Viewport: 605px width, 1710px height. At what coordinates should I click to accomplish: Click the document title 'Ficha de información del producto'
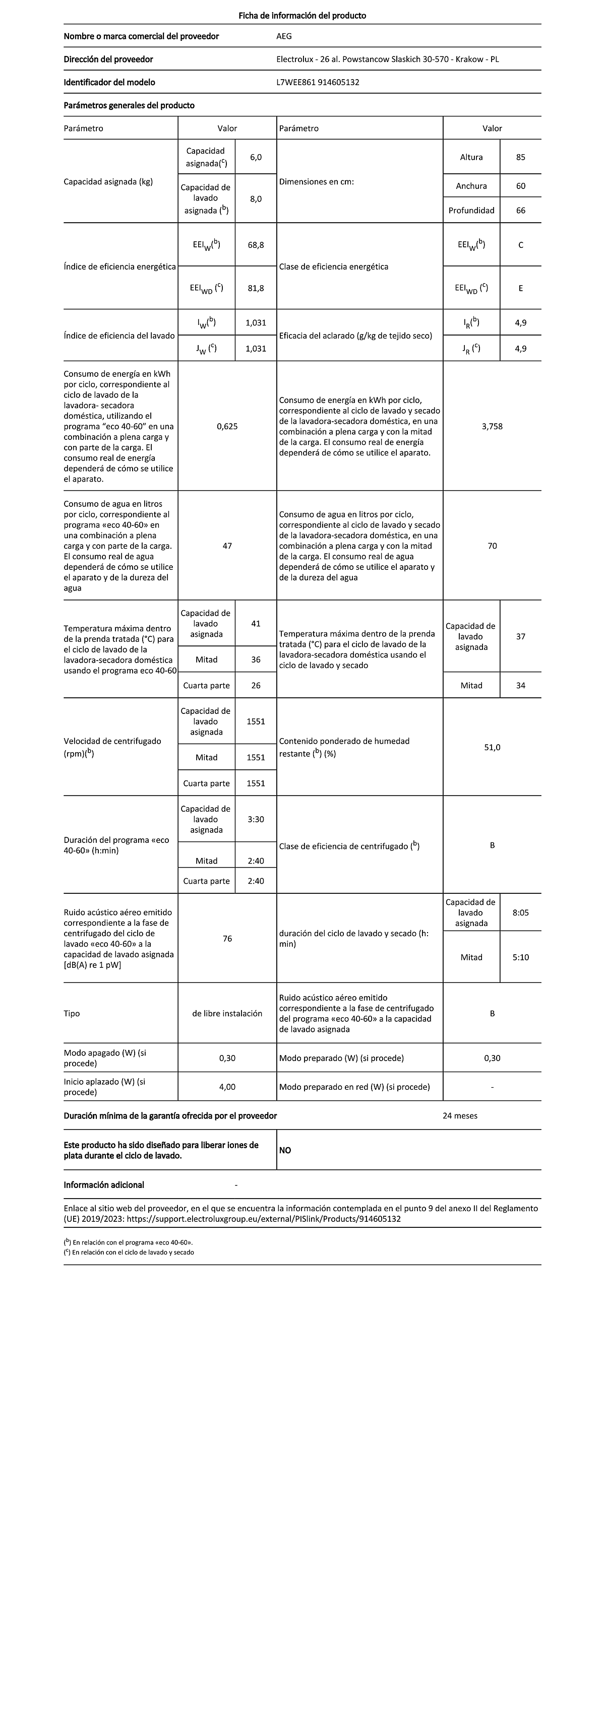pos(302,15)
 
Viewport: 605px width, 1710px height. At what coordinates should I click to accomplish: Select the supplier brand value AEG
pos(283,36)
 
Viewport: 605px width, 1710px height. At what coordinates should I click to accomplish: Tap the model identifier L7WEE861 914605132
pos(318,82)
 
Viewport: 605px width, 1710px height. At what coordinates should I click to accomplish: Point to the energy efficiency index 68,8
pos(256,245)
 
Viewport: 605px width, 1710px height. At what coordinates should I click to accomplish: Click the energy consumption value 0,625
pos(227,426)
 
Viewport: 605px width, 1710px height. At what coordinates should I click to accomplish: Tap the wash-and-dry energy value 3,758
pos(492,426)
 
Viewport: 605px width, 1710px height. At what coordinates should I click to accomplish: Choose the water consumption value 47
pos(227,546)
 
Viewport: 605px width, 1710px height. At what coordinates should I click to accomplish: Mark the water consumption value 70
pos(492,546)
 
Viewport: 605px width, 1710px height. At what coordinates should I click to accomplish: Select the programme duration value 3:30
pos(256,819)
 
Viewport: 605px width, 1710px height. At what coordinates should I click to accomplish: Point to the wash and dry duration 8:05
pos(521,913)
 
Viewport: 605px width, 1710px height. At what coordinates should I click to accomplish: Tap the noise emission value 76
pos(227,938)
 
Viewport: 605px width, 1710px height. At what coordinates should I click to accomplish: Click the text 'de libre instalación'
pos(227,1013)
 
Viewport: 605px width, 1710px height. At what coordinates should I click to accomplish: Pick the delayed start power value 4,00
pos(227,1087)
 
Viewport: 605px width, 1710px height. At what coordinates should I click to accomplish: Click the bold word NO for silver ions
pos(285,1150)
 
